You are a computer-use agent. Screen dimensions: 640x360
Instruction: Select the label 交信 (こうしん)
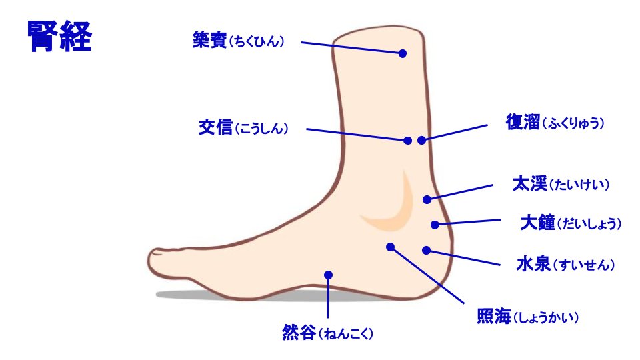(x=243, y=128)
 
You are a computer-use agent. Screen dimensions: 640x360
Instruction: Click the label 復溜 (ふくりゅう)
(x=555, y=123)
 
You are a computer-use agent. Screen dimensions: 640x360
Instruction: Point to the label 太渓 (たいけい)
(x=561, y=184)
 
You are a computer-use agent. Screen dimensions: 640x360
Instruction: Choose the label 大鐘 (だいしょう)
(x=571, y=223)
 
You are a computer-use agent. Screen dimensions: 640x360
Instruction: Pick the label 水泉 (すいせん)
(x=565, y=265)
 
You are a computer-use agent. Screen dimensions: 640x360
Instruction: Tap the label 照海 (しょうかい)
(x=527, y=317)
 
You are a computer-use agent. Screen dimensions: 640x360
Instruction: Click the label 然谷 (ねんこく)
(x=326, y=332)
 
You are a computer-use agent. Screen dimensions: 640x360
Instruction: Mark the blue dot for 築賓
(x=403, y=53)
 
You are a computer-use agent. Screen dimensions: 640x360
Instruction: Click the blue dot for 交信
(x=407, y=141)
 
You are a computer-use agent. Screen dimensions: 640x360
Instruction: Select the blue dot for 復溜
(x=421, y=140)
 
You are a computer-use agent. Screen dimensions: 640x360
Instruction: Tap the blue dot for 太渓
(x=427, y=199)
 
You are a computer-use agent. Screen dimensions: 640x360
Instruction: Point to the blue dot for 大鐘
(x=435, y=225)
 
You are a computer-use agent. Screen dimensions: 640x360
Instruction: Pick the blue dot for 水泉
(x=427, y=250)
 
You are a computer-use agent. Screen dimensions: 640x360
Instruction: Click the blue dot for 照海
(x=391, y=247)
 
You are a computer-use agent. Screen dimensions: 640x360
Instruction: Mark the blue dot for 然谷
(x=328, y=274)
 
